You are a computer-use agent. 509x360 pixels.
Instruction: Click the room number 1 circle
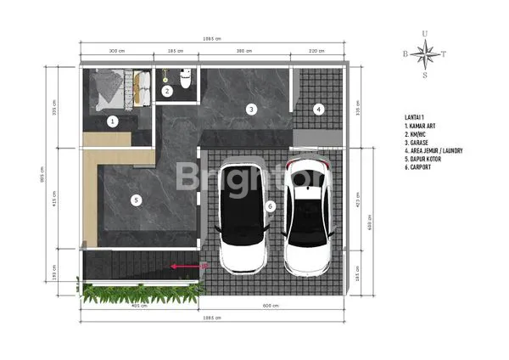112,121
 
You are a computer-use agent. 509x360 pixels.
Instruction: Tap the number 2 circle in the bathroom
167,91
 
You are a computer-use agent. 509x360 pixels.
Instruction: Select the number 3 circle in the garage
251,109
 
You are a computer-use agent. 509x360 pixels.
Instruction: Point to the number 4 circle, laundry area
319,109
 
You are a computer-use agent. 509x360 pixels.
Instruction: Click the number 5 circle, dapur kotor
135,201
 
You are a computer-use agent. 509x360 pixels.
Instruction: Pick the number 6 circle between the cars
271,205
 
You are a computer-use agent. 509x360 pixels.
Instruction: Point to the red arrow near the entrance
180,266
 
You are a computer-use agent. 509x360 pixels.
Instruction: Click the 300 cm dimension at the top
115,52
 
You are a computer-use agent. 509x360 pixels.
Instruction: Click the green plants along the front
136,295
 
